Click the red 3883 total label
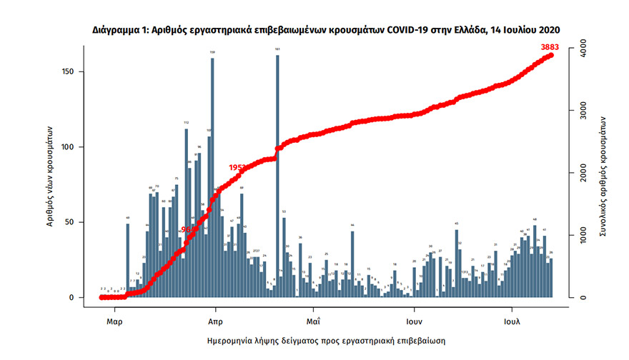click(x=550, y=47)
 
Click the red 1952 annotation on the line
click(x=237, y=167)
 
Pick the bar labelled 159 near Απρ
click(x=212, y=175)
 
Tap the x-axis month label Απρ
click(x=213, y=320)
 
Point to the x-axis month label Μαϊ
click(x=312, y=320)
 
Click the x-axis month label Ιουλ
click(x=512, y=320)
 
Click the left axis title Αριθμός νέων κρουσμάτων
click(x=51, y=174)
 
